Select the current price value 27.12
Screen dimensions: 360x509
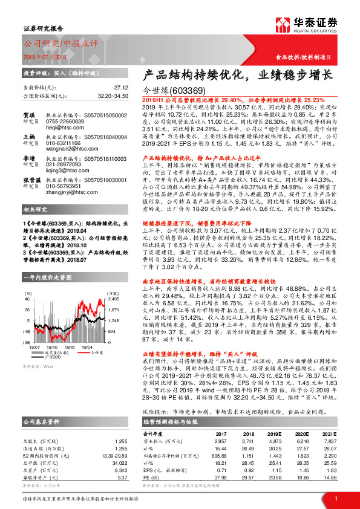pyautogui.click(x=122, y=88)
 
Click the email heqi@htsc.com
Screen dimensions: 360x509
pyautogui.click(x=59, y=129)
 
